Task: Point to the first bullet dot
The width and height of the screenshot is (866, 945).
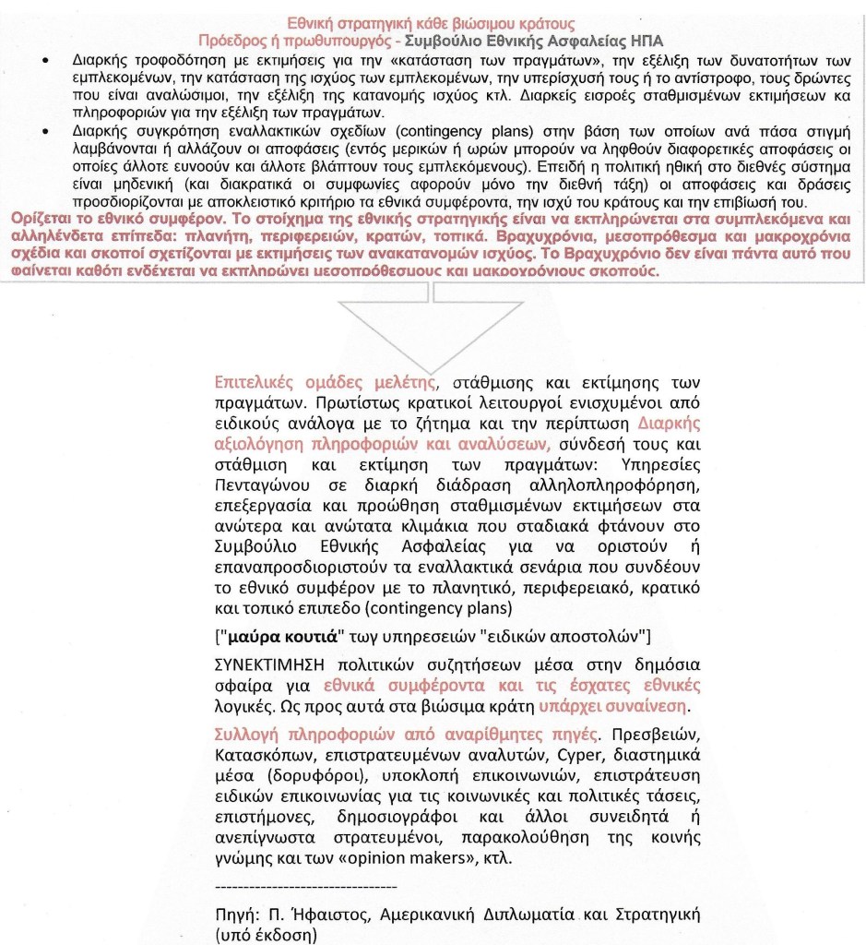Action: [x=46, y=60]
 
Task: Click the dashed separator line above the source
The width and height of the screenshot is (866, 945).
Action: [x=305, y=886]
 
